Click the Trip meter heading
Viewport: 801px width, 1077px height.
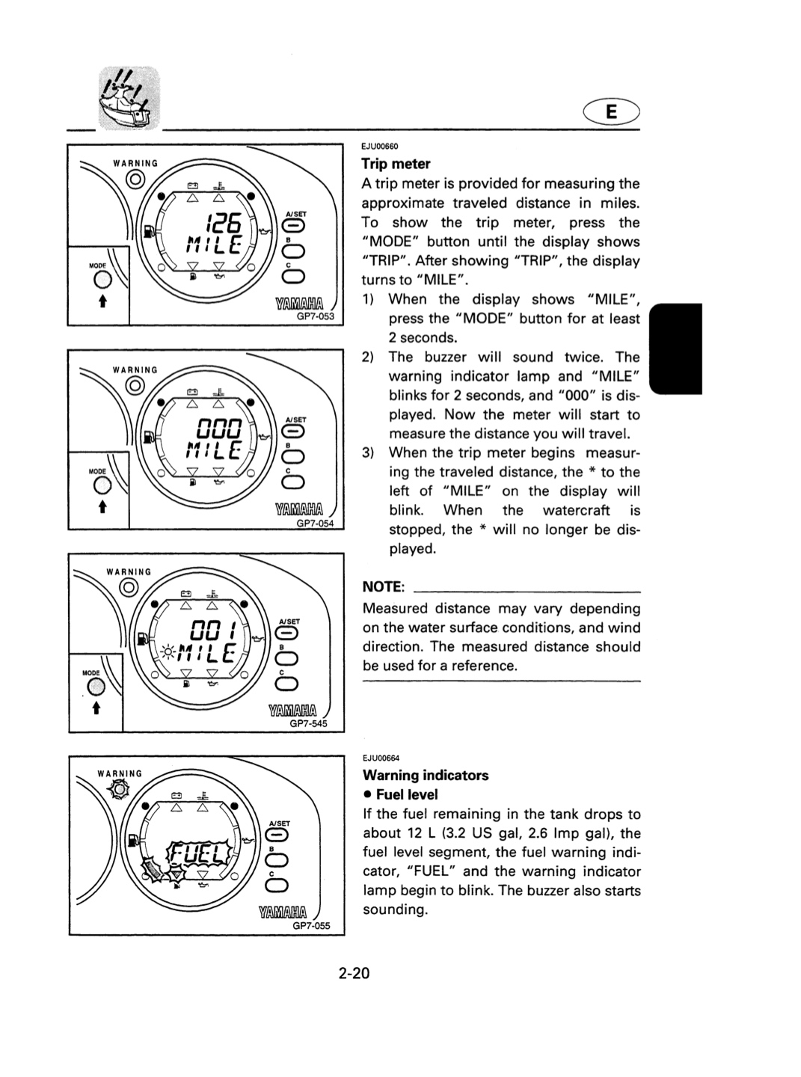coord(396,164)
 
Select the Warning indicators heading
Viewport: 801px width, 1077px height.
coord(426,775)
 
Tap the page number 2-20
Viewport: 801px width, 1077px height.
coord(354,973)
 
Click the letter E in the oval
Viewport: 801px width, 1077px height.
coord(612,112)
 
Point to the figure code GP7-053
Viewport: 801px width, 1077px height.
coord(316,317)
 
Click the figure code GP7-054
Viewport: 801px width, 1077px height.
coord(316,523)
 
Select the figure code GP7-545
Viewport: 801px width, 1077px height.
coord(308,723)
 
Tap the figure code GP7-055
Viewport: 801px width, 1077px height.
coord(311,925)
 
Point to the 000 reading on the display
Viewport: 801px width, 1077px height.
coord(220,429)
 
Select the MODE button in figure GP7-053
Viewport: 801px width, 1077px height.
coord(102,280)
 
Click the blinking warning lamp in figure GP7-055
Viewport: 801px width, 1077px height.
coord(119,790)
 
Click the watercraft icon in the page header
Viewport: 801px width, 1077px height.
coord(129,99)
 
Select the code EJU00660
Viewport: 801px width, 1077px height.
coord(379,146)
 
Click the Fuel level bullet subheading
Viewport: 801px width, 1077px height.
coord(401,794)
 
